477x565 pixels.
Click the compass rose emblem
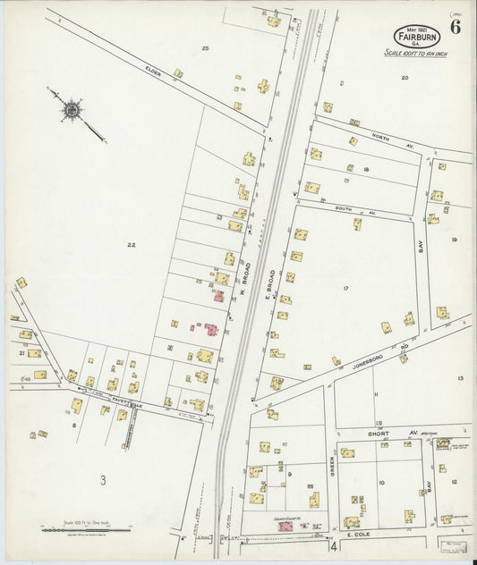point(71,110)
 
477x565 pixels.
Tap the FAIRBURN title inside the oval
point(416,37)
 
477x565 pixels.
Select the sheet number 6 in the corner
point(456,26)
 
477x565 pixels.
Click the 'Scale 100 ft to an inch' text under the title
point(416,55)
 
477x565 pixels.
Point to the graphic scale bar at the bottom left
point(86,529)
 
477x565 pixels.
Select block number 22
point(131,244)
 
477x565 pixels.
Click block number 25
point(205,47)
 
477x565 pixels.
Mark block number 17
point(345,288)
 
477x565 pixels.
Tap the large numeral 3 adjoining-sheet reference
point(103,481)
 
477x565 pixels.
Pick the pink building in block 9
point(286,527)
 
